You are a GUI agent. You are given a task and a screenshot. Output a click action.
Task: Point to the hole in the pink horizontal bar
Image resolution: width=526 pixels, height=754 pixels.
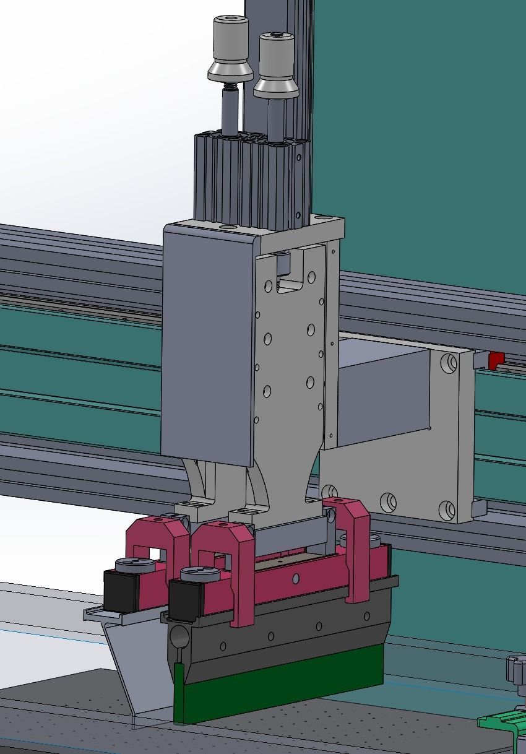click(x=296, y=578)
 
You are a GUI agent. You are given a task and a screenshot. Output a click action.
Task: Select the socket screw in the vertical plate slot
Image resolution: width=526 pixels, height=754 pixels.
click(x=283, y=264)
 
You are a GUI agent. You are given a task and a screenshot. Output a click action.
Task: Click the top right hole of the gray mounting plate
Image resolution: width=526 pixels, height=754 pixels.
click(x=447, y=361)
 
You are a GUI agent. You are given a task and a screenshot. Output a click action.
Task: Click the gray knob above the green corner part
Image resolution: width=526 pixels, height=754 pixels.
click(x=517, y=669)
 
